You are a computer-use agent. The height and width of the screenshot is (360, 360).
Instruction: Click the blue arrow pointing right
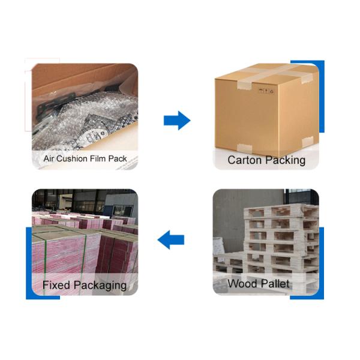pyautogui.click(x=177, y=121)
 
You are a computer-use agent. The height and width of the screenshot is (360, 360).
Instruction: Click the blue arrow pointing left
pyautogui.click(x=171, y=239)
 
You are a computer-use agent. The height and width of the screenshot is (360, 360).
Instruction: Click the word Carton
pyautogui.click(x=245, y=160)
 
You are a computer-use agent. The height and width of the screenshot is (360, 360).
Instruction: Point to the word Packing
pyautogui.click(x=285, y=160)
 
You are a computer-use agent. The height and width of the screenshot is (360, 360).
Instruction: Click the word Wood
pyautogui.click(x=242, y=284)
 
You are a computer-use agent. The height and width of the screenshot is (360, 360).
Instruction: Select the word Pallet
pyautogui.click(x=275, y=284)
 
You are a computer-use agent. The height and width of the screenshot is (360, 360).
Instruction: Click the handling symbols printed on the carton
pyautogui.click(x=266, y=91)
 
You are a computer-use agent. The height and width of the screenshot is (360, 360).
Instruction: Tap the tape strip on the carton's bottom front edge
pyautogui.click(x=245, y=148)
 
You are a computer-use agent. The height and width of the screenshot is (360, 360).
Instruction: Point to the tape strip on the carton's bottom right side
pyautogui.click(x=307, y=141)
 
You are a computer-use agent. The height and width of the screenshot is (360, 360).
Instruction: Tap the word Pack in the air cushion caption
pyautogui.click(x=118, y=158)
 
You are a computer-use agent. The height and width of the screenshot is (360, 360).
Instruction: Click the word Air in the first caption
pyautogui.click(x=49, y=158)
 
